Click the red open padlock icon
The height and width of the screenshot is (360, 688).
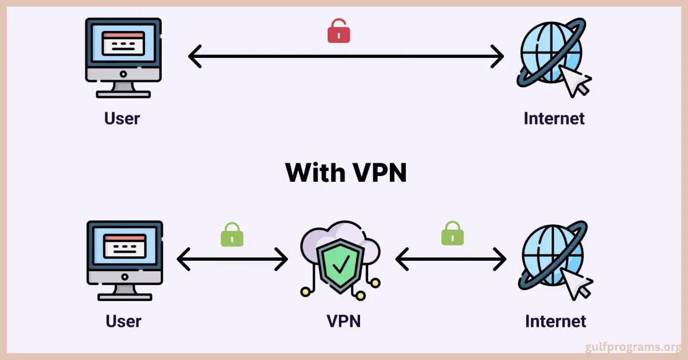(x=339, y=32)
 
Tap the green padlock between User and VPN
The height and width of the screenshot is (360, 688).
(x=232, y=235)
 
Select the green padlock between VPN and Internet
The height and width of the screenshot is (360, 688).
(x=453, y=234)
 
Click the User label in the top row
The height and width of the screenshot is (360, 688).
(x=122, y=118)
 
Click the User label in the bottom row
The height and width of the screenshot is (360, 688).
(x=123, y=321)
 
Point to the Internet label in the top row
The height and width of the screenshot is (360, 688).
(x=554, y=118)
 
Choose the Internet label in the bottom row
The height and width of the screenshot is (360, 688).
(x=556, y=321)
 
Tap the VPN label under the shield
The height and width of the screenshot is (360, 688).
(x=343, y=321)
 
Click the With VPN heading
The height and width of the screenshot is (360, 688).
(x=346, y=172)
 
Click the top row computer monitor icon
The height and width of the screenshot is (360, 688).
(x=123, y=56)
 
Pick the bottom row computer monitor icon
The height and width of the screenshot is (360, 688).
(x=124, y=260)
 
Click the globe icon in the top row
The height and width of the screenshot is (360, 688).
(x=549, y=53)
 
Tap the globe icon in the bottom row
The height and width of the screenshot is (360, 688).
(x=551, y=256)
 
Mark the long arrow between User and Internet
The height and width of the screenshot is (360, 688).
(x=346, y=57)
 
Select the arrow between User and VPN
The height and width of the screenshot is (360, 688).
(x=232, y=260)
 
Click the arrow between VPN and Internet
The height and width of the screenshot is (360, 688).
(x=451, y=260)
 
